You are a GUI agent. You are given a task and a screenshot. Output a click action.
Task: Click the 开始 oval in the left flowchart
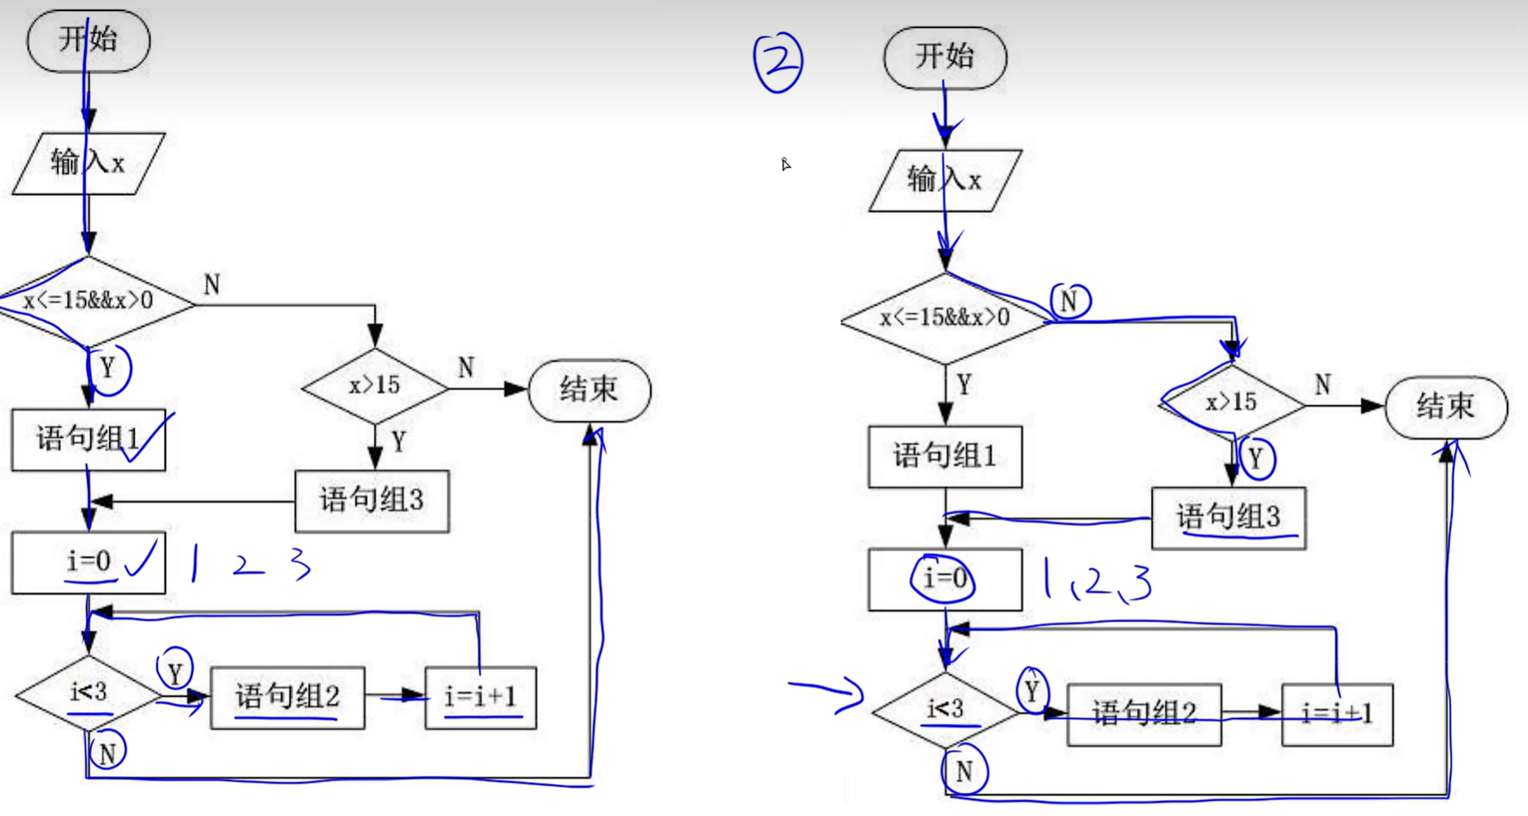tap(88, 40)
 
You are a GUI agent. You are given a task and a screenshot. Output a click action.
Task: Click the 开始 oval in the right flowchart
tap(944, 57)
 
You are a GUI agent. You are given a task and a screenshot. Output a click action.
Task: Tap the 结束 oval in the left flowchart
tap(589, 390)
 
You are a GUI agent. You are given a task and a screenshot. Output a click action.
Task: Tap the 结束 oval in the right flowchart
tap(1445, 407)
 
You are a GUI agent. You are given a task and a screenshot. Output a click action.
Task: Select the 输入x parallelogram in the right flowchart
tap(944, 180)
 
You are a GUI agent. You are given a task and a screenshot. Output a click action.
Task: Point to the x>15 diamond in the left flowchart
tap(374, 386)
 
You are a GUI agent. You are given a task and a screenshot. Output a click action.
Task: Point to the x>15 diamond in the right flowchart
tap(1231, 403)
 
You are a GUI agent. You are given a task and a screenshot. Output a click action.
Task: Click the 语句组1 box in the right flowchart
tap(944, 456)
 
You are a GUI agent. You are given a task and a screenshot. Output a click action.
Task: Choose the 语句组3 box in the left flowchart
tap(371, 501)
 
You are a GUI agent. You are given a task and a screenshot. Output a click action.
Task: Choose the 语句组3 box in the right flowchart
tap(1228, 517)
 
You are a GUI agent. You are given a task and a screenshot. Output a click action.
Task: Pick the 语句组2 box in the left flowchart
tap(287, 697)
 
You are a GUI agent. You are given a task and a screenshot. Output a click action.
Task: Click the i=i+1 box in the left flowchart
tap(480, 697)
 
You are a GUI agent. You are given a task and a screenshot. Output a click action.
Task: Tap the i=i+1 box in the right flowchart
tap(1336, 714)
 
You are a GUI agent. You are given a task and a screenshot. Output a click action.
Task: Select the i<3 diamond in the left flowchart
tap(88, 693)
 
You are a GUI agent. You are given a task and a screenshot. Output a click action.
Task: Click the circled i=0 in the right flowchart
tap(944, 578)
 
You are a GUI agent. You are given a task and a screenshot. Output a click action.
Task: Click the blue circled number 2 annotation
tap(778, 62)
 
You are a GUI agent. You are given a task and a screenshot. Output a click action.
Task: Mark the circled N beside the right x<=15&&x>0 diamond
tap(1070, 301)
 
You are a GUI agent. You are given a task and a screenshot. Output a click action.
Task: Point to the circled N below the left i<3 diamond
tap(108, 752)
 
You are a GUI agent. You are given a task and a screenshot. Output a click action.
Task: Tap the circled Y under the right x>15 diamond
tap(1256, 458)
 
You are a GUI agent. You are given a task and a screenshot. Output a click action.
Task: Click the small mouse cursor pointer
tap(785, 164)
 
